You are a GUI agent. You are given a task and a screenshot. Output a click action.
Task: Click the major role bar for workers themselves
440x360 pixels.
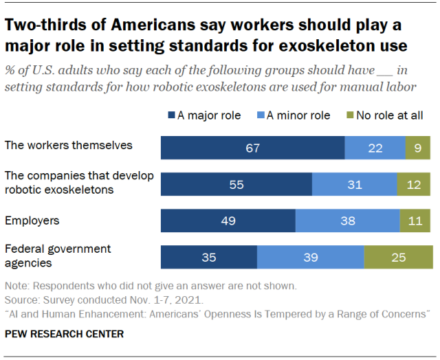point(252,148)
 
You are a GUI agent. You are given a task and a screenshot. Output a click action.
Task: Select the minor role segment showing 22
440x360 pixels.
point(375,148)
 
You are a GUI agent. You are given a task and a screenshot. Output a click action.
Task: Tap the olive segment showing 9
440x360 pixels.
point(418,148)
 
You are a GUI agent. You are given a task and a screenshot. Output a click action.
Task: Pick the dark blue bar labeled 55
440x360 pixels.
point(236,185)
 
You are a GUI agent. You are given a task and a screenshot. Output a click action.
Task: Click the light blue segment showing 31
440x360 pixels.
point(354,185)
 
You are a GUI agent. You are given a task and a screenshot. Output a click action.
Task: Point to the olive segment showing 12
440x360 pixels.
point(414,185)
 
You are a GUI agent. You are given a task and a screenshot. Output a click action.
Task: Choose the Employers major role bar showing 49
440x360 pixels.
point(228,221)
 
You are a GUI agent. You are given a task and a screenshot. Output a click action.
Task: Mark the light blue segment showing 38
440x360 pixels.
point(347,221)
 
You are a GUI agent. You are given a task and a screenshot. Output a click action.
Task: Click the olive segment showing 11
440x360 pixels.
point(416,221)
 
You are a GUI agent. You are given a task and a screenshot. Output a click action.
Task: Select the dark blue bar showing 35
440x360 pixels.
point(208,257)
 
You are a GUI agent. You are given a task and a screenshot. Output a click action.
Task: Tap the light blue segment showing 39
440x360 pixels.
point(310,257)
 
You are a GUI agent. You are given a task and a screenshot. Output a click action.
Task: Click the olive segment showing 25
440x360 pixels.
point(398,257)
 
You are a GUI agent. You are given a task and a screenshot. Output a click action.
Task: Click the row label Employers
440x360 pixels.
point(32,221)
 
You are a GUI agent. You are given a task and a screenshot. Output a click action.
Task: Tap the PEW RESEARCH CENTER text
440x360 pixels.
point(64,335)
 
